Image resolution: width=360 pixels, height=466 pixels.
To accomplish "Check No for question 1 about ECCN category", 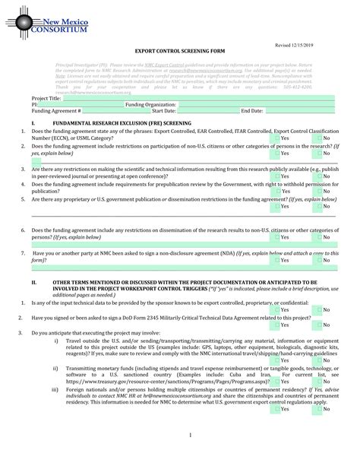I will pos(319,138).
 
